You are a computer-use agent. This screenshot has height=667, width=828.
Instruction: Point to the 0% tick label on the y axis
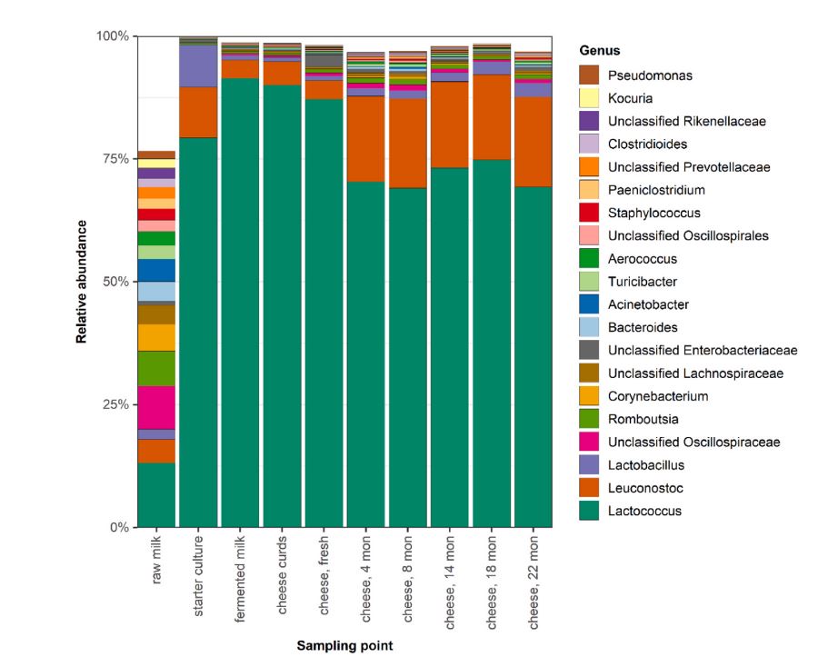point(119,527)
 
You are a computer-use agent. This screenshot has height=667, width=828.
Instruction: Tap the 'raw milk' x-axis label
point(156,560)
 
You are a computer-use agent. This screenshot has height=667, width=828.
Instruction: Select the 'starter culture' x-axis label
point(198,576)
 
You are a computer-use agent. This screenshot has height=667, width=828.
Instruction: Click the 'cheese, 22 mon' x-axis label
point(534,582)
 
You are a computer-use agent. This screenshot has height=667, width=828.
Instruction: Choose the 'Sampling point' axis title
point(344,645)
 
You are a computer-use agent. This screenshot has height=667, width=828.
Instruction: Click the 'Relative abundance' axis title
point(81,282)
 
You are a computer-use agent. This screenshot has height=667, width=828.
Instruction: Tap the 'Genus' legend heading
point(599,51)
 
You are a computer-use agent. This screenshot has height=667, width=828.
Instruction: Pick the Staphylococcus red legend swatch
point(589,213)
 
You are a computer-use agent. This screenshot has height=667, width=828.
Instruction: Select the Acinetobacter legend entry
point(633,304)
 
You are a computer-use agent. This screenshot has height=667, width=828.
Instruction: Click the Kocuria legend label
point(630,98)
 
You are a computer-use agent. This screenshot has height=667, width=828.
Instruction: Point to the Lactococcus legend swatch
point(589,511)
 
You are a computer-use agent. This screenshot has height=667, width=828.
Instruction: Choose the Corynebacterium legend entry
point(643,396)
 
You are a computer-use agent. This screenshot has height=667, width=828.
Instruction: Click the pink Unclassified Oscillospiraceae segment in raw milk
point(156,407)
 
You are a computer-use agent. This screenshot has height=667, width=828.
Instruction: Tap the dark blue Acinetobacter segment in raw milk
point(156,270)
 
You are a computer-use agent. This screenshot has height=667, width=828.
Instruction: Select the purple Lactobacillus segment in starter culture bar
point(198,66)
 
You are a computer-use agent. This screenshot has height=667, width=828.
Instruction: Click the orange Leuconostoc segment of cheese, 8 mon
point(408,143)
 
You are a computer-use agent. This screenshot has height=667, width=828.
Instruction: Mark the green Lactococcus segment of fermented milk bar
point(240,303)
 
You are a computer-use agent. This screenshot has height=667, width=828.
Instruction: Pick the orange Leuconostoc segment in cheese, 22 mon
point(534,142)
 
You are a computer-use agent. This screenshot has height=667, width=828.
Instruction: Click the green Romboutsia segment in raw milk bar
point(156,369)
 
